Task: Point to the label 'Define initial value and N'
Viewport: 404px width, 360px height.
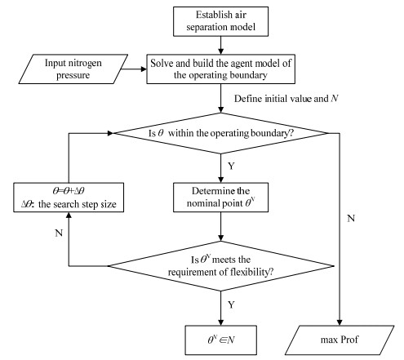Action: click(286, 99)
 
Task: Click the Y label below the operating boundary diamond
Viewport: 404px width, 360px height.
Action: click(231, 166)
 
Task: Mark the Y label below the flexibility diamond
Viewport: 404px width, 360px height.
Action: click(231, 304)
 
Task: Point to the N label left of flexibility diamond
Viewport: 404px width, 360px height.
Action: click(59, 233)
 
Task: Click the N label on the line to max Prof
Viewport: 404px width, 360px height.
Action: click(351, 218)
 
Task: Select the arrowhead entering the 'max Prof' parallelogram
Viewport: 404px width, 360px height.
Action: click(340, 322)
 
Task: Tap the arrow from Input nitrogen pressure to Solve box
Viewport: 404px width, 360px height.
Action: click(134, 69)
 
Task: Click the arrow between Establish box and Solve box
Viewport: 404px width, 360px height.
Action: click(220, 45)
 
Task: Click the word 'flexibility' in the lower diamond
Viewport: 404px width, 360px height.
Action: click(249, 272)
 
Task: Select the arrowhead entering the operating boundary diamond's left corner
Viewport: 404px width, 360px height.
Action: click(110, 133)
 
